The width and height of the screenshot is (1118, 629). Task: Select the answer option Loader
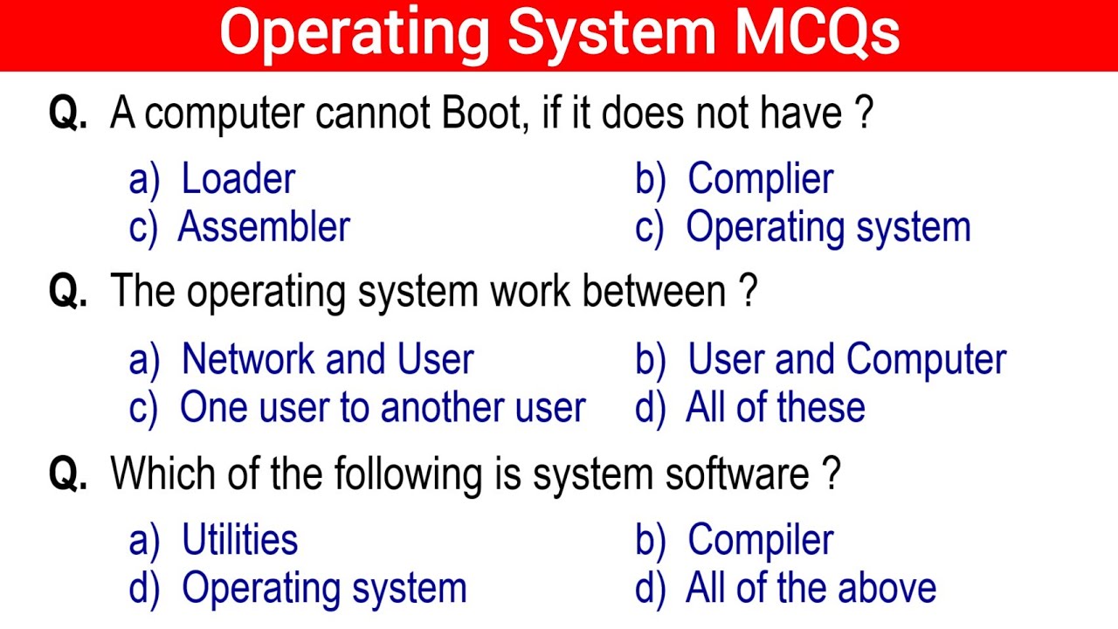click(x=238, y=179)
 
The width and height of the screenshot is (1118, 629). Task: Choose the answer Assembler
click(x=264, y=226)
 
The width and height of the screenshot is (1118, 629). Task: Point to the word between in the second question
click(x=654, y=292)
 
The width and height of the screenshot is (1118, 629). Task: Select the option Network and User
click(x=328, y=359)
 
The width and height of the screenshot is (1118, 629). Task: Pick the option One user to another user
click(x=383, y=407)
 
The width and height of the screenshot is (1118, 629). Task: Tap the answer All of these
click(x=776, y=407)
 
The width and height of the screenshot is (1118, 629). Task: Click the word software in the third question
click(x=737, y=473)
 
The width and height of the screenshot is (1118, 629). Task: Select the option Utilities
click(x=240, y=539)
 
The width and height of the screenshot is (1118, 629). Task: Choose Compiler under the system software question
click(x=761, y=541)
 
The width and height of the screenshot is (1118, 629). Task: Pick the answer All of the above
click(x=811, y=588)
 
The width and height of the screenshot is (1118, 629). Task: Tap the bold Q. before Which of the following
click(x=68, y=473)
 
